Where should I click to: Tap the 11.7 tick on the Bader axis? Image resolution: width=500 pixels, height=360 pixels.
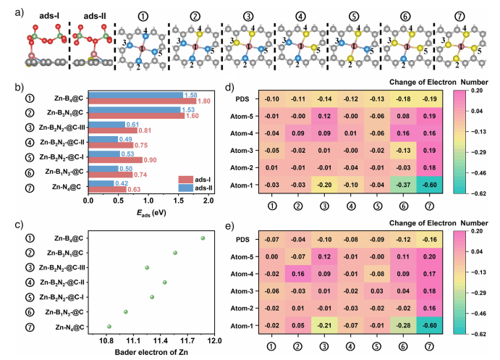click(x=187, y=338)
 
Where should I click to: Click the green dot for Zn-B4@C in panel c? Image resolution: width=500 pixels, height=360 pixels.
click(x=203, y=238)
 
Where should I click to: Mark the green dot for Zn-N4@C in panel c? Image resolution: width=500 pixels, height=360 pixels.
click(x=109, y=327)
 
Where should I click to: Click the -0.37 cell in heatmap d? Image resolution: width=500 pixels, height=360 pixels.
click(x=416, y=185)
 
